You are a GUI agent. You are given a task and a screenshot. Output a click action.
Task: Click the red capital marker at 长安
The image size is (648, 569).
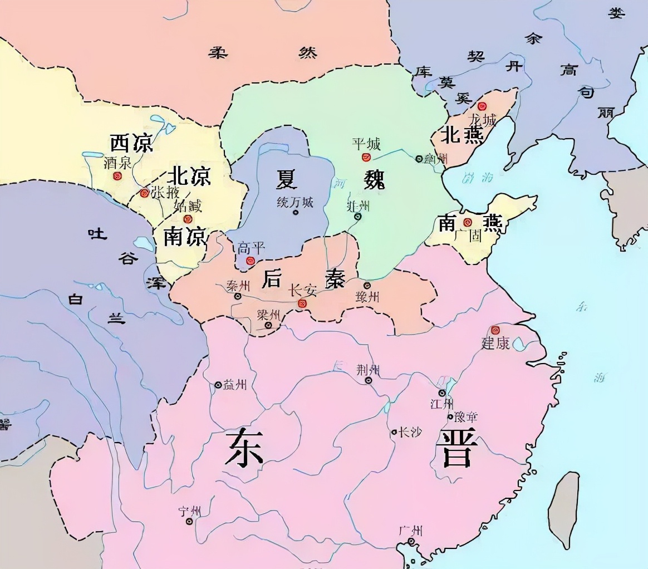click(302, 303)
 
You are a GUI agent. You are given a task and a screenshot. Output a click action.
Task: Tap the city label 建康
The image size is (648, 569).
click(495, 343)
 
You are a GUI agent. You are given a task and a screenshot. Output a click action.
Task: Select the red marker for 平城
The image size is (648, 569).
click(366, 158)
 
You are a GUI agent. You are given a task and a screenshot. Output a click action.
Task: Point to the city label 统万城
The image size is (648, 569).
click(295, 202)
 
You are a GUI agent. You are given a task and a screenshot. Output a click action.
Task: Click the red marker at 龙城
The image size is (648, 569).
click(482, 106)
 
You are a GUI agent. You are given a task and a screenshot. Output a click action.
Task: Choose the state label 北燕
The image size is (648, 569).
click(462, 134)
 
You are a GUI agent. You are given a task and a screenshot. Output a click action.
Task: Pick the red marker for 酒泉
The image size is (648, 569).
click(117, 176)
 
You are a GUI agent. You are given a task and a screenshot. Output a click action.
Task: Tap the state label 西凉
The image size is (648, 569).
click(131, 143)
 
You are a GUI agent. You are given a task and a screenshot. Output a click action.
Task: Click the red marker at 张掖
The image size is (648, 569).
click(145, 193)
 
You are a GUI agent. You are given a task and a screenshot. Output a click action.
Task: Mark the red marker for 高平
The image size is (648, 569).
click(251, 260)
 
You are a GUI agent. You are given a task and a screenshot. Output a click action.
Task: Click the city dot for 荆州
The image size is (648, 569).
click(369, 380)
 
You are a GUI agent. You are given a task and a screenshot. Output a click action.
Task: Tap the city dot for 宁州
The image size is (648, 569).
click(189, 522)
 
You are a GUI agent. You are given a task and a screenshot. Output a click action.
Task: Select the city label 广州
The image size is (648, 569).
click(410, 530)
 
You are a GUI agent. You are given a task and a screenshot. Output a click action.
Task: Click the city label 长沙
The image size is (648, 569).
click(410, 431)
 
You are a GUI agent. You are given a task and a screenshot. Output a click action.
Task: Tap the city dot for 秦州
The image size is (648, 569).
click(238, 296)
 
